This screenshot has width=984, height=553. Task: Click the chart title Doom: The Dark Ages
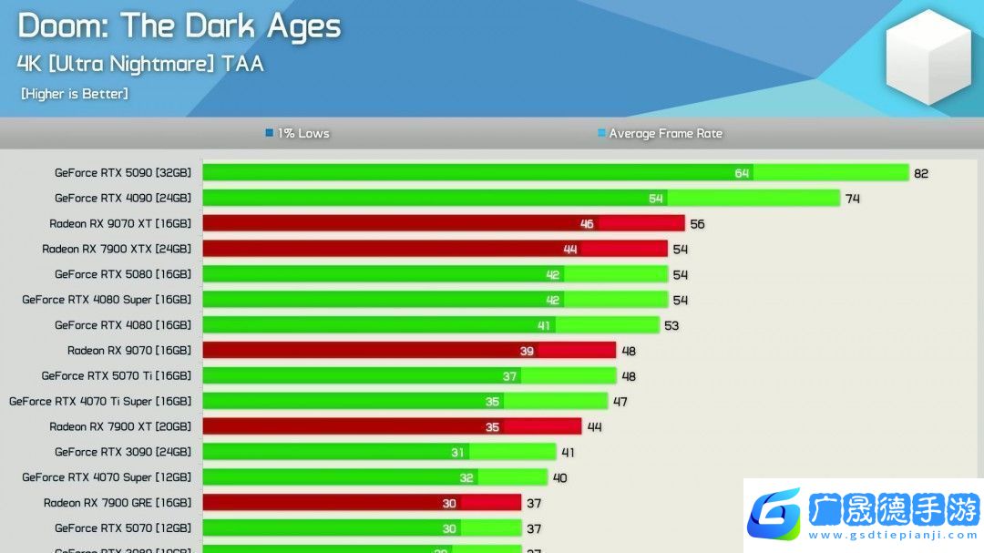pos(179,26)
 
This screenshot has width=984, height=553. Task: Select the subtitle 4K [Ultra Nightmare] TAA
pos(140,64)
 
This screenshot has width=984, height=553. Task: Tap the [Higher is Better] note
pos(75,94)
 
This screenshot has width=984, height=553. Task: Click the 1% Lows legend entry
pos(298,133)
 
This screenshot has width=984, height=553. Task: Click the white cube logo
pos(928,56)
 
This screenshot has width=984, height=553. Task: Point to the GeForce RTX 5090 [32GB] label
pos(123,172)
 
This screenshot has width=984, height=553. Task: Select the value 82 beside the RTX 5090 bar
pos(921,173)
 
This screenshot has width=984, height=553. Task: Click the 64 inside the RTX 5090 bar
pos(743,173)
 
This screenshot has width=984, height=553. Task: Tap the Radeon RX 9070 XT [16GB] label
pos(120,223)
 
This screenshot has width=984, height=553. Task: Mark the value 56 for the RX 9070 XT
pos(697,224)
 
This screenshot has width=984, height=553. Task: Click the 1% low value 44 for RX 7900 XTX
pos(570,250)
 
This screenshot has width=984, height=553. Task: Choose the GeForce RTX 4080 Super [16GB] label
pos(107,299)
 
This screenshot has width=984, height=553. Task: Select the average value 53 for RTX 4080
pos(671,325)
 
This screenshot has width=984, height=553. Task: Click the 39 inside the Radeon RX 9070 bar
pos(527,351)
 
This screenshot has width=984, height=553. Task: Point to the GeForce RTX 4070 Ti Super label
pos(100,401)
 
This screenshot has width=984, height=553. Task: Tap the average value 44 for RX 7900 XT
pos(594,427)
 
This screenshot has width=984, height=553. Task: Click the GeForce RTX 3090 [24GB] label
pos(123,452)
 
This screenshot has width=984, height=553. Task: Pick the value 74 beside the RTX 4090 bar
pos(852,199)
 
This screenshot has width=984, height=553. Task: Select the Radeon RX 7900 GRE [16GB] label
pos(118,503)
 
